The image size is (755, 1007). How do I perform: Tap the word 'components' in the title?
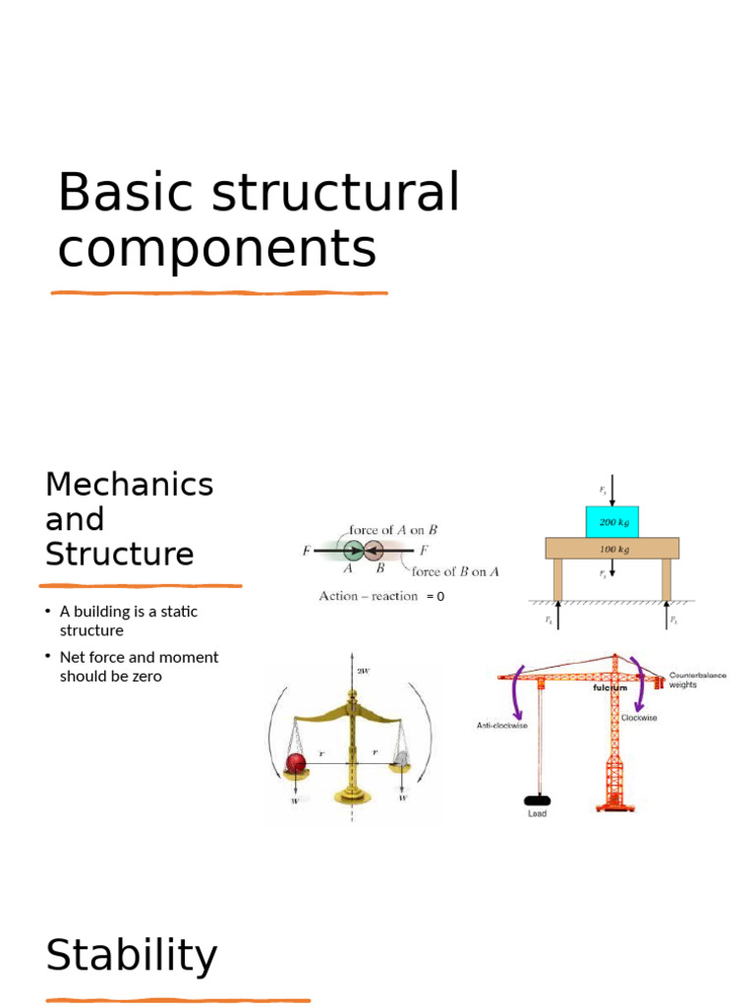[216, 249]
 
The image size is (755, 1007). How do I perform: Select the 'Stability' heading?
[132, 956]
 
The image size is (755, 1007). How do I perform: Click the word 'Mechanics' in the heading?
[129, 485]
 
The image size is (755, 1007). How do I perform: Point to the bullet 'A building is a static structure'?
[128, 621]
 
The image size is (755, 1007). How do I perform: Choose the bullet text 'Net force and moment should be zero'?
[139, 667]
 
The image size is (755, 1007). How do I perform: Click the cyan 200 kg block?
[612, 522]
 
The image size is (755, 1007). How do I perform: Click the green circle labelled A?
[351, 552]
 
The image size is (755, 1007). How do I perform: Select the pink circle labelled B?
[375, 552]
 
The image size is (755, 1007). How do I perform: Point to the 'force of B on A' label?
[454, 571]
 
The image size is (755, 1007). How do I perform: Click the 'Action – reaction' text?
[369, 596]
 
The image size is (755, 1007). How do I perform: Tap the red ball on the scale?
[296, 762]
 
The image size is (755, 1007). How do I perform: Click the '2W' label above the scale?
[363, 671]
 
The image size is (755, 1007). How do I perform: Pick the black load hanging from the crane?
[537, 799]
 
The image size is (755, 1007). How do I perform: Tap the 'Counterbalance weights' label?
[697, 681]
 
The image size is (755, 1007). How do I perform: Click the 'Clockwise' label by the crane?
[639, 718]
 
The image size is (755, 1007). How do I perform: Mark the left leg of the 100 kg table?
[557, 579]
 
